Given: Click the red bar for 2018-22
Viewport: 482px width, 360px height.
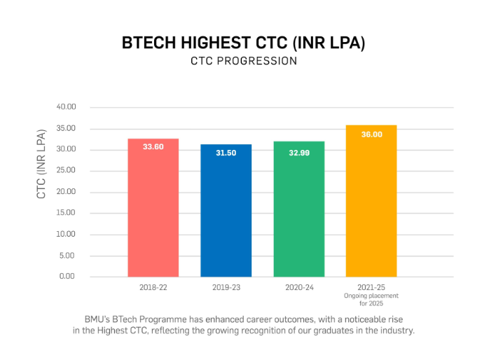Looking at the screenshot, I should tap(153, 210).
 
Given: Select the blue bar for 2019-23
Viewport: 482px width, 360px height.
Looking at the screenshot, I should tap(226, 214).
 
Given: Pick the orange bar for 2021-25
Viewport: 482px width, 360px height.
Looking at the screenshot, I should tap(371, 203).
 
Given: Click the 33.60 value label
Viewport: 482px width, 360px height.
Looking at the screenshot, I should tap(153, 147).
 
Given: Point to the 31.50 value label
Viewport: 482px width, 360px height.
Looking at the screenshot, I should tap(226, 153).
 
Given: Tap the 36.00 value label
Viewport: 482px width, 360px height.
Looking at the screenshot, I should tap(371, 134).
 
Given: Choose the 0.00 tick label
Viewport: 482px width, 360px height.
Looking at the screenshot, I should tap(68, 277).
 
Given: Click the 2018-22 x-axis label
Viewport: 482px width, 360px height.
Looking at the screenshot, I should tap(153, 287).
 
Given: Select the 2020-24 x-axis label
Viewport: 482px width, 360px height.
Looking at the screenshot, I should tap(298, 287).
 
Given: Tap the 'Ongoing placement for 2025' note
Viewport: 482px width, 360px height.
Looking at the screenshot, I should tap(371, 299).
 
